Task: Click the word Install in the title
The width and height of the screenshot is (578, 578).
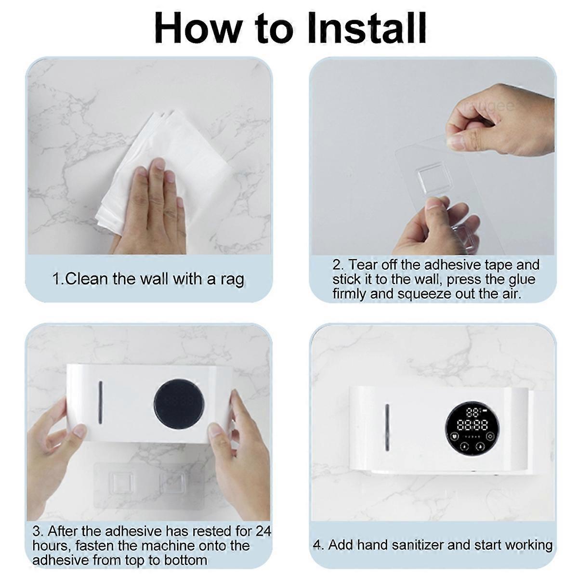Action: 367,28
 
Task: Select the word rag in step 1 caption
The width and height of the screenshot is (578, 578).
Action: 232,280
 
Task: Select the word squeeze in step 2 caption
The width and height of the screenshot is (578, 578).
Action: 424,294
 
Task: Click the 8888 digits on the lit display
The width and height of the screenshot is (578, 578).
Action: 472,424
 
